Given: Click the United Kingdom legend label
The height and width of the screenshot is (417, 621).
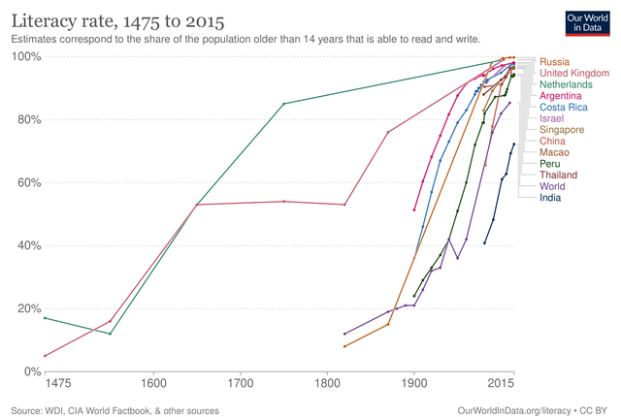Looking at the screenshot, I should [x=574, y=73].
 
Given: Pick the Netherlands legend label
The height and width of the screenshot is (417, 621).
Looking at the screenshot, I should [x=569, y=85].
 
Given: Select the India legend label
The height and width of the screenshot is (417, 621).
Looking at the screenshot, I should [x=552, y=197].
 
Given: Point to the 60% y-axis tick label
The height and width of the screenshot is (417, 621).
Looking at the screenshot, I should [x=27, y=182].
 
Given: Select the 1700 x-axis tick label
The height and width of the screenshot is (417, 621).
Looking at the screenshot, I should [x=240, y=384].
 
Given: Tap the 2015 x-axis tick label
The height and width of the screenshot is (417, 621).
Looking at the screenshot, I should [x=502, y=384].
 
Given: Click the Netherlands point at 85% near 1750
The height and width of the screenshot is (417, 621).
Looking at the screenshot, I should [x=283, y=104].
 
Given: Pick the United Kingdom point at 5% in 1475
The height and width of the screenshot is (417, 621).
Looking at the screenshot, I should [x=45, y=356].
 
